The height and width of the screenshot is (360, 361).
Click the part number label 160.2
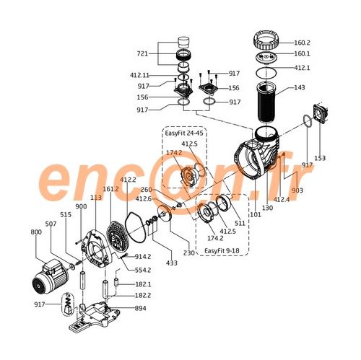[302, 43]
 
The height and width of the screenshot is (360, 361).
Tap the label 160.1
[302, 53]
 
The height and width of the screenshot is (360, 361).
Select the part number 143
[300, 87]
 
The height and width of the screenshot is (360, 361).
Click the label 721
[142, 53]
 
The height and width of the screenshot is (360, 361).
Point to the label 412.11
[139, 75]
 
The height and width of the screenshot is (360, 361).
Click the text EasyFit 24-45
[184, 133]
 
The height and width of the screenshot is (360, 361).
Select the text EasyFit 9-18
[222, 250]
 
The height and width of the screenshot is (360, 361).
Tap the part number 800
[36, 232]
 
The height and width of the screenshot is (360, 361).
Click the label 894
[141, 308]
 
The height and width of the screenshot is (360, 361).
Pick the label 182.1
[143, 284]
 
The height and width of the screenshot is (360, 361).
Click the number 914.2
[143, 257]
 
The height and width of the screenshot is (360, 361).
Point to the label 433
[172, 263]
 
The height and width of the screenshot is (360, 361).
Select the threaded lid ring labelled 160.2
[266, 42]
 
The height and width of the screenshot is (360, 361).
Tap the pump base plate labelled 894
[94, 316]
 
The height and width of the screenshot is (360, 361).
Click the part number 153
[320, 158]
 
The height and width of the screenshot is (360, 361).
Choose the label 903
[297, 190]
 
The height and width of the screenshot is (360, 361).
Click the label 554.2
[143, 270]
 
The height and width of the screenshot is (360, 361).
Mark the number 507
[51, 224]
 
